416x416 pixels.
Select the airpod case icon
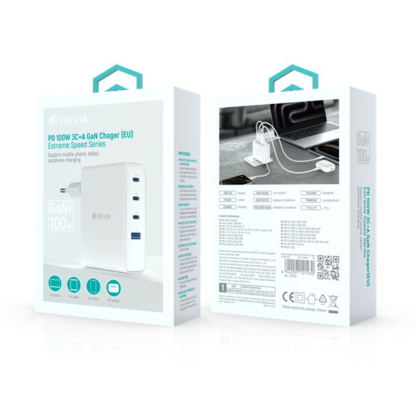point(113,288)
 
